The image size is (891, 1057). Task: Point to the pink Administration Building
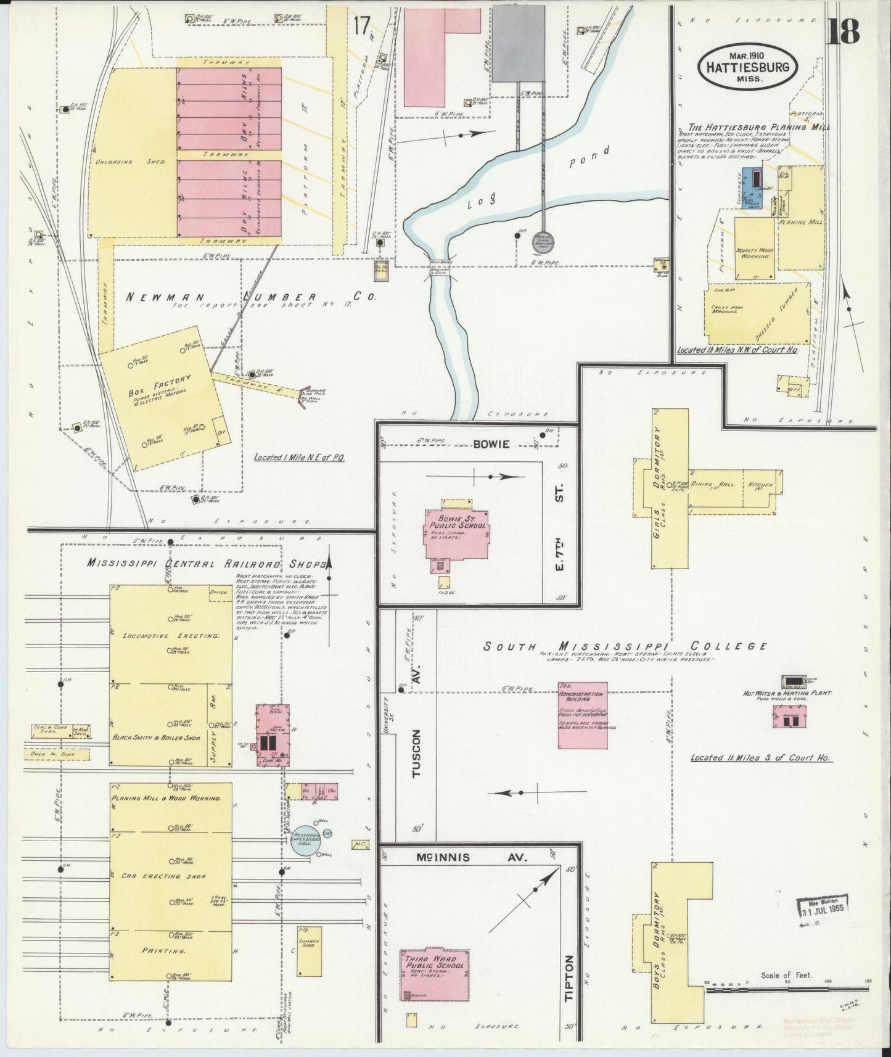click(582, 714)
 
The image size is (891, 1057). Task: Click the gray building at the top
click(519, 43)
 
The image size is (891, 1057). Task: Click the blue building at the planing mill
click(750, 188)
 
